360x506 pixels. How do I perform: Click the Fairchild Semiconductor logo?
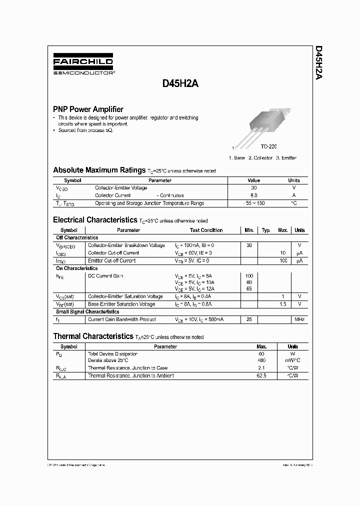[83, 65]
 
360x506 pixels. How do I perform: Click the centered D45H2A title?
[180, 84]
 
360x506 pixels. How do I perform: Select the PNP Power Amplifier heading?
[88, 109]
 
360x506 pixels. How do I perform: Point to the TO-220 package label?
[268, 146]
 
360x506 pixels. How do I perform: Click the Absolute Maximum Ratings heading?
[99, 170]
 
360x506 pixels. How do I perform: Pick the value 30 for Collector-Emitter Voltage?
[253, 188]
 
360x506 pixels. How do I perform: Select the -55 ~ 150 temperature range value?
[254, 203]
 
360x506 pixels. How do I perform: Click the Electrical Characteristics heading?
[95, 220]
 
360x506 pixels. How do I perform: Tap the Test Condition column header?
[206, 230]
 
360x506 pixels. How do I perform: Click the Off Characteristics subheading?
[77, 237]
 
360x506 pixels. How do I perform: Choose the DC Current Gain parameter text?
[105, 276]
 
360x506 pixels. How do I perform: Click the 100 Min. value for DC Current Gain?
[249, 276]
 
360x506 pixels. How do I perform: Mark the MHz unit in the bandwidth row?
[299, 319]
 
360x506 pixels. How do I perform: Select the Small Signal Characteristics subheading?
[87, 311]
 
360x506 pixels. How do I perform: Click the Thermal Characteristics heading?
[93, 336]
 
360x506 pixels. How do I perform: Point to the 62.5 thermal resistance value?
[261, 375]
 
